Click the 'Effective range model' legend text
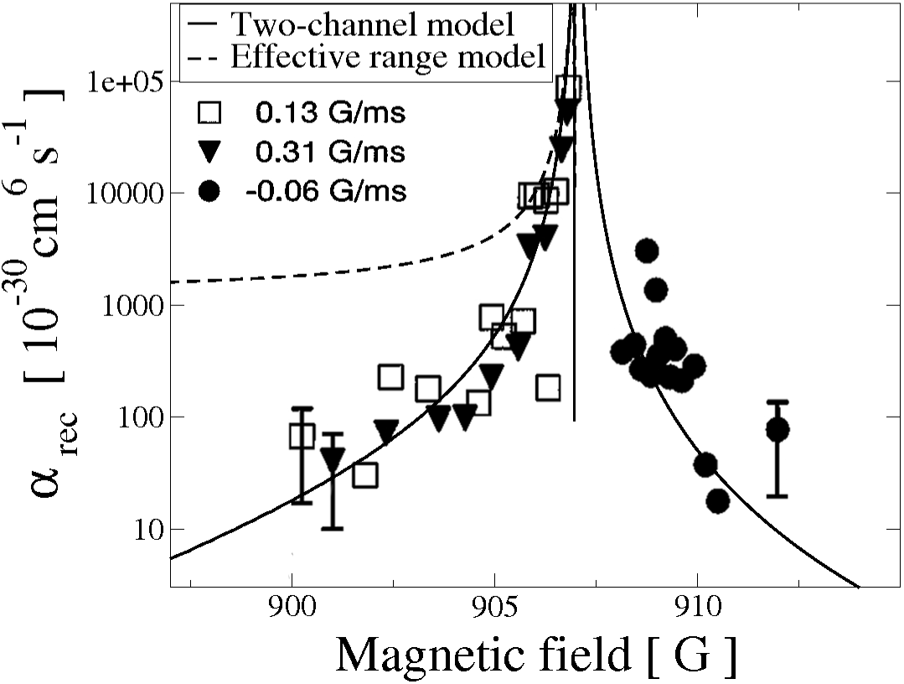pyautogui.click(x=388, y=58)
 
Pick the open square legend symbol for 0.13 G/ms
pyautogui.click(x=210, y=112)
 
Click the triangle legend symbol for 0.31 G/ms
pyautogui.click(x=210, y=153)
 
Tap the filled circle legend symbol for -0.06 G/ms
pyautogui.click(x=210, y=192)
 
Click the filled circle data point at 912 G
pyautogui.click(x=777, y=430)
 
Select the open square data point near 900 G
pyautogui.click(x=302, y=436)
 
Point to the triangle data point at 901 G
pyautogui.click(x=333, y=459)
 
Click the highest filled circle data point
pyautogui.click(x=647, y=250)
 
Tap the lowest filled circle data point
pyautogui.click(x=718, y=501)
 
